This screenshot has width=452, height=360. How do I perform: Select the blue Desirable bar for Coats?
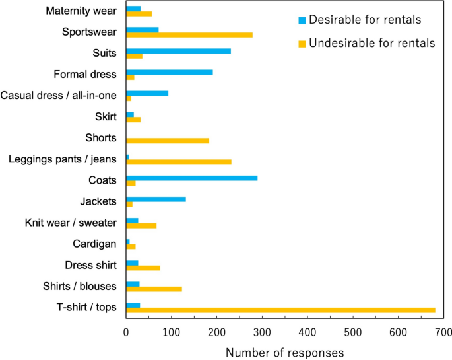(191, 178)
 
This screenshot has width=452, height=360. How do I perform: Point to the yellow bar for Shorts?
(168, 141)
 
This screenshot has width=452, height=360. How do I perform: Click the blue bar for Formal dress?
(169, 71)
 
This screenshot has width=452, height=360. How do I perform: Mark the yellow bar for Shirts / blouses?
(154, 289)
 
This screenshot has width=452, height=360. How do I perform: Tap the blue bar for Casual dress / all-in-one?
(146, 93)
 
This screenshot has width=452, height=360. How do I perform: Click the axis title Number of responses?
(284, 351)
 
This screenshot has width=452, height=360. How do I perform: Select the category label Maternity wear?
(82, 11)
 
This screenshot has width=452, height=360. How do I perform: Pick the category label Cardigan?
(94, 244)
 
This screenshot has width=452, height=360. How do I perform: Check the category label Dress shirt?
(91, 265)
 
